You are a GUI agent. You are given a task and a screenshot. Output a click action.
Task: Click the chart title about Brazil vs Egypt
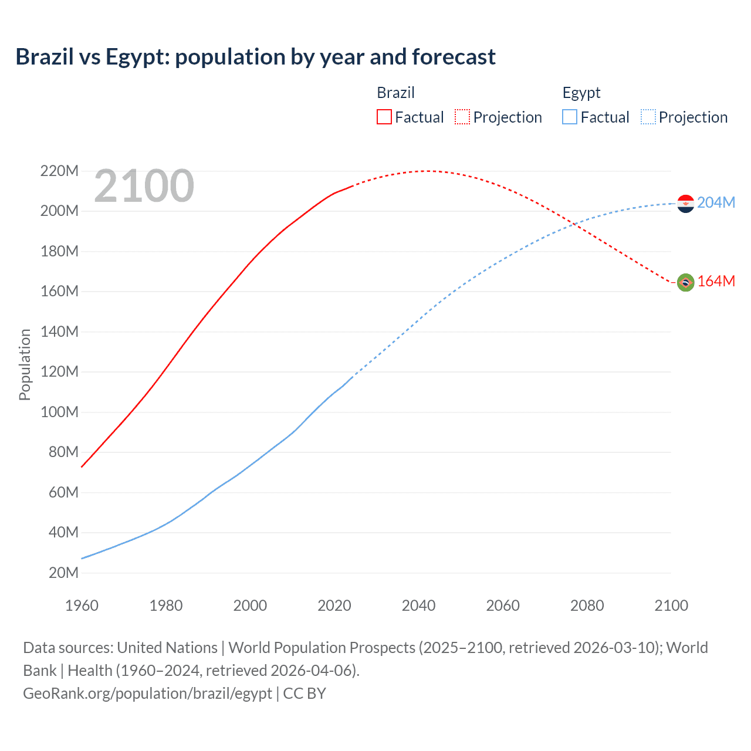tap(255, 57)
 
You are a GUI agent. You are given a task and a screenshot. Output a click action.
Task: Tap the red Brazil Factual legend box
tap(384, 117)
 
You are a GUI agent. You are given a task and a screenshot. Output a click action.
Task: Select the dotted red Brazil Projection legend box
tap(462, 117)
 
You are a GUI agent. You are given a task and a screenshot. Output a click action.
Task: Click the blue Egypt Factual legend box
tap(569, 117)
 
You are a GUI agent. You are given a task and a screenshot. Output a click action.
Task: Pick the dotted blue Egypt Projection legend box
tap(648, 117)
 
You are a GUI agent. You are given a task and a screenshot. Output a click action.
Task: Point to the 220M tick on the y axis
tap(59, 171)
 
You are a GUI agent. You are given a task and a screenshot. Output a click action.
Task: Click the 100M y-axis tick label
tap(59, 412)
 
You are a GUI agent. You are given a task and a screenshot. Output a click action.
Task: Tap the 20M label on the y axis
tap(63, 573)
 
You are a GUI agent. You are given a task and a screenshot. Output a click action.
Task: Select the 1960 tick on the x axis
tap(82, 605)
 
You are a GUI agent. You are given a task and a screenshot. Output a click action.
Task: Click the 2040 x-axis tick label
tap(418, 605)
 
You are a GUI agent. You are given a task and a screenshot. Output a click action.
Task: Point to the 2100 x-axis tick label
tap(671, 605)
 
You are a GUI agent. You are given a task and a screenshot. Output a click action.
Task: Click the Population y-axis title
tap(25, 364)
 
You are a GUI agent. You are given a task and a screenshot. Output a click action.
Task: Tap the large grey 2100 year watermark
tap(144, 186)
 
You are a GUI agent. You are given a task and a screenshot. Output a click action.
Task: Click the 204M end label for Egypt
tap(716, 202)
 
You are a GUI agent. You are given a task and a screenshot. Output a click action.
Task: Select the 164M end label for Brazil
tap(716, 281)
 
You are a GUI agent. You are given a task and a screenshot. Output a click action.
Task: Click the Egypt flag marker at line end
tap(685, 204)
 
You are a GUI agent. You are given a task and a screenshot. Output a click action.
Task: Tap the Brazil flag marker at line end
tap(685, 282)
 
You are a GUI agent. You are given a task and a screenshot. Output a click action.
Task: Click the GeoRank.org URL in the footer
tap(147, 693)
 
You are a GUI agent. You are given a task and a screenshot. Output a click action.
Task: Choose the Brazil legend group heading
tap(395, 93)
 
